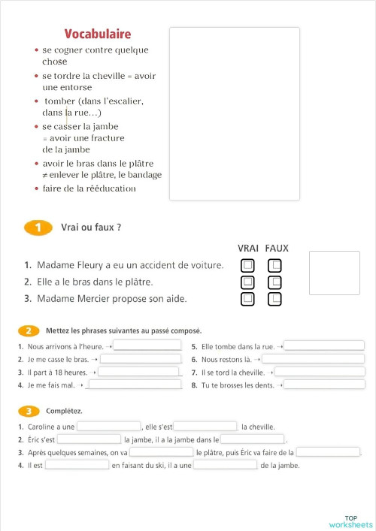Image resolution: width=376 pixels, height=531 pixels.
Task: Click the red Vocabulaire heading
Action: click(x=98, y=34)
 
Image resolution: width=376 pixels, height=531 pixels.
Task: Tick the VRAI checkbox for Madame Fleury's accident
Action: click(x=248, y=265)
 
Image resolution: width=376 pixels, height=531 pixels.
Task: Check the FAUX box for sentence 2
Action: click(x=275, y=282)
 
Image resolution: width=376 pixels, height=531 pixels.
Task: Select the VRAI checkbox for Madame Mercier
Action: click(x=248, y=299)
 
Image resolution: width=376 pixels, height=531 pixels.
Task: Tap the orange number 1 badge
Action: click(x=38, y=228)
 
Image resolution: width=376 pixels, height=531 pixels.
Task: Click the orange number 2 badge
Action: click(x=29, y=330)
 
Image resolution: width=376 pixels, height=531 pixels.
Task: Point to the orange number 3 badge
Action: click(x=29, y=411)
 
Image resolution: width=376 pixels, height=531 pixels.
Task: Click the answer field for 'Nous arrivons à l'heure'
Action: click(x=147, y=345)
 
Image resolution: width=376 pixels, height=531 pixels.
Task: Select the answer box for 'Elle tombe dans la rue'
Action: click(x=323, y=345)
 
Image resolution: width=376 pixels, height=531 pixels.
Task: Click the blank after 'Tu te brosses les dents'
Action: click(x=325, y=385)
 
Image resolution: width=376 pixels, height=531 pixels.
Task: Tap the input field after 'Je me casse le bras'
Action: click(x=141, y=359)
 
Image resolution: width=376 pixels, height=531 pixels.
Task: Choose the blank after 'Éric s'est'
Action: click(x=89, y=439)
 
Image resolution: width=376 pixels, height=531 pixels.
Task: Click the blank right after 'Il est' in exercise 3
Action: click(x=77, y=465)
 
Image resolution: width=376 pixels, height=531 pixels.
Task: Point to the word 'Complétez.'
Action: click(x=64, y=411)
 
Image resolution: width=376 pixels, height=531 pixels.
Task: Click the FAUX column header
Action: click(x=277, y=249)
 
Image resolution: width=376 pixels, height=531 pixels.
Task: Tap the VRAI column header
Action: click(x=248, y=249)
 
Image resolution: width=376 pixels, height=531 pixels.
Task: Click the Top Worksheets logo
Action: click(x=350, y=521)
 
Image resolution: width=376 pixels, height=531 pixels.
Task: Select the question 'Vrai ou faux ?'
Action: click(x=92, y=228)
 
